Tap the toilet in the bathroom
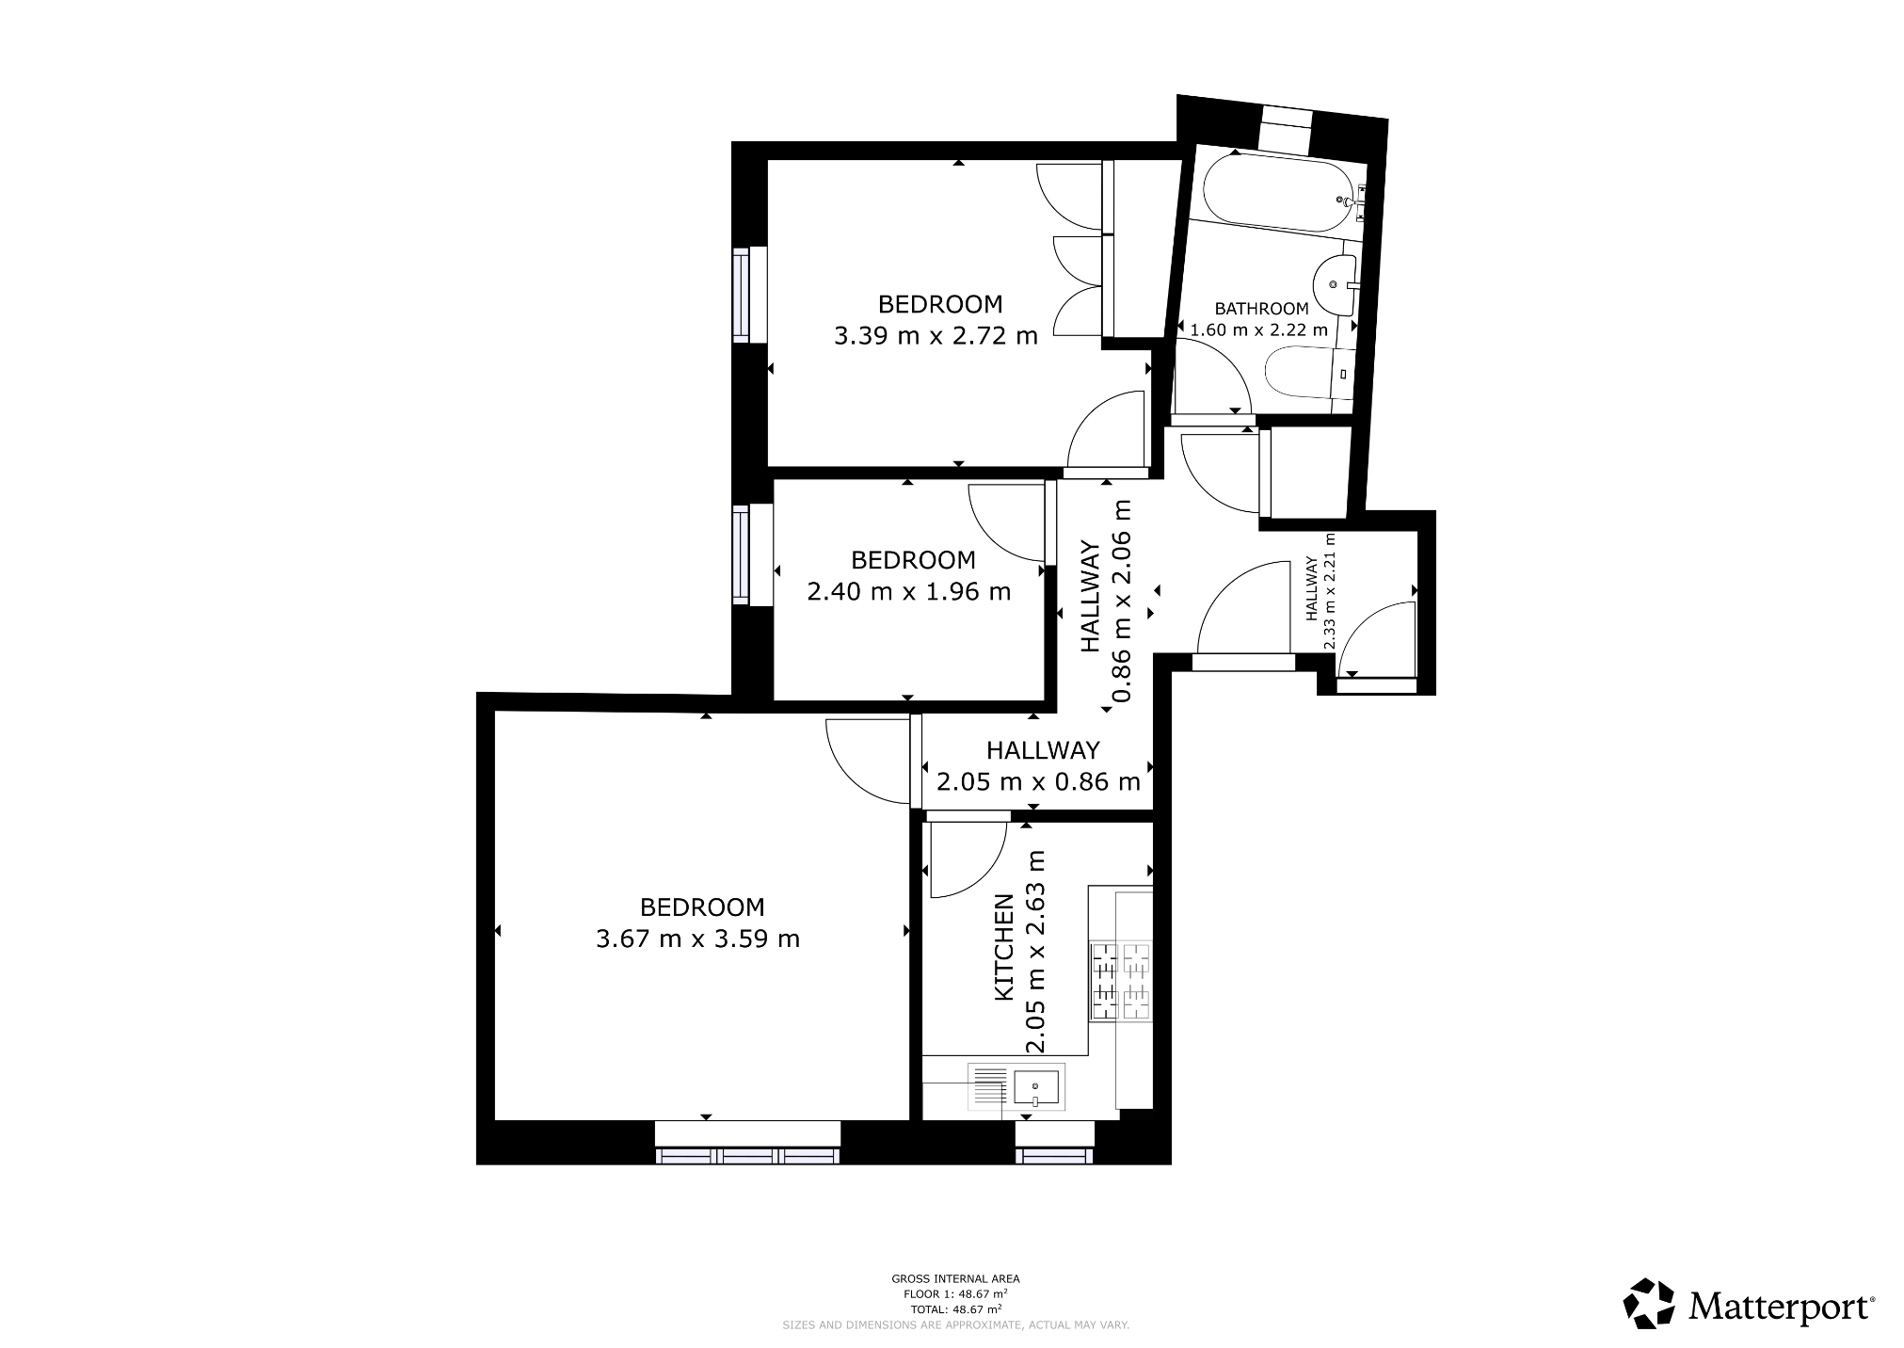click(1304, 375)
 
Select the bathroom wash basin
click(1333, 282)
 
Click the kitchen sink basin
click(1035, 1088)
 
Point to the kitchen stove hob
click(1120, 981)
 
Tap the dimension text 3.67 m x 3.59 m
click(697, 939)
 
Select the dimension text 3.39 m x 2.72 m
click(936, 335)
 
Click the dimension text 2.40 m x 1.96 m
click(909, 591)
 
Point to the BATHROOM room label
click(1261, 309)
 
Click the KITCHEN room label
click(1004, 947)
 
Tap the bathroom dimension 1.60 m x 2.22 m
click(1259, 330)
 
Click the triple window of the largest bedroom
click(747, 1155)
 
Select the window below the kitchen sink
click(1054, 1155)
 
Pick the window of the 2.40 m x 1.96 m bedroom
click(741, 554)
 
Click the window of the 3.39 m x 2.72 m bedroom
click(741, 295)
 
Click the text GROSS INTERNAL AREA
click(955, 1278)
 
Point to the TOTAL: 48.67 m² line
click(955, 1308)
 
